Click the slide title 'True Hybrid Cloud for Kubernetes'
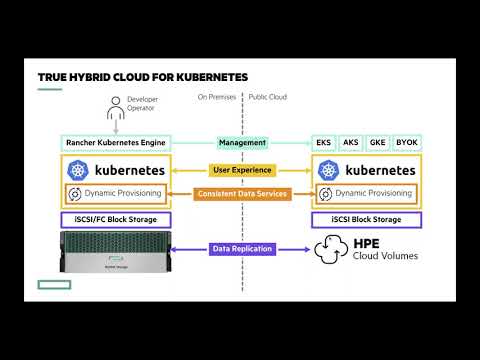(143, 77)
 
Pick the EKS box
(324, 143)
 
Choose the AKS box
(351, 143)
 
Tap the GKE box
(378, 143)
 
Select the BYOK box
(407, 143)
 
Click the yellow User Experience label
(241, 171)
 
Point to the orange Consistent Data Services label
(241, 193)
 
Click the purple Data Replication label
(241, 248)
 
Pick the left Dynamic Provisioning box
(114, 193)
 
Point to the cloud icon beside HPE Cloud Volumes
(332, 249)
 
